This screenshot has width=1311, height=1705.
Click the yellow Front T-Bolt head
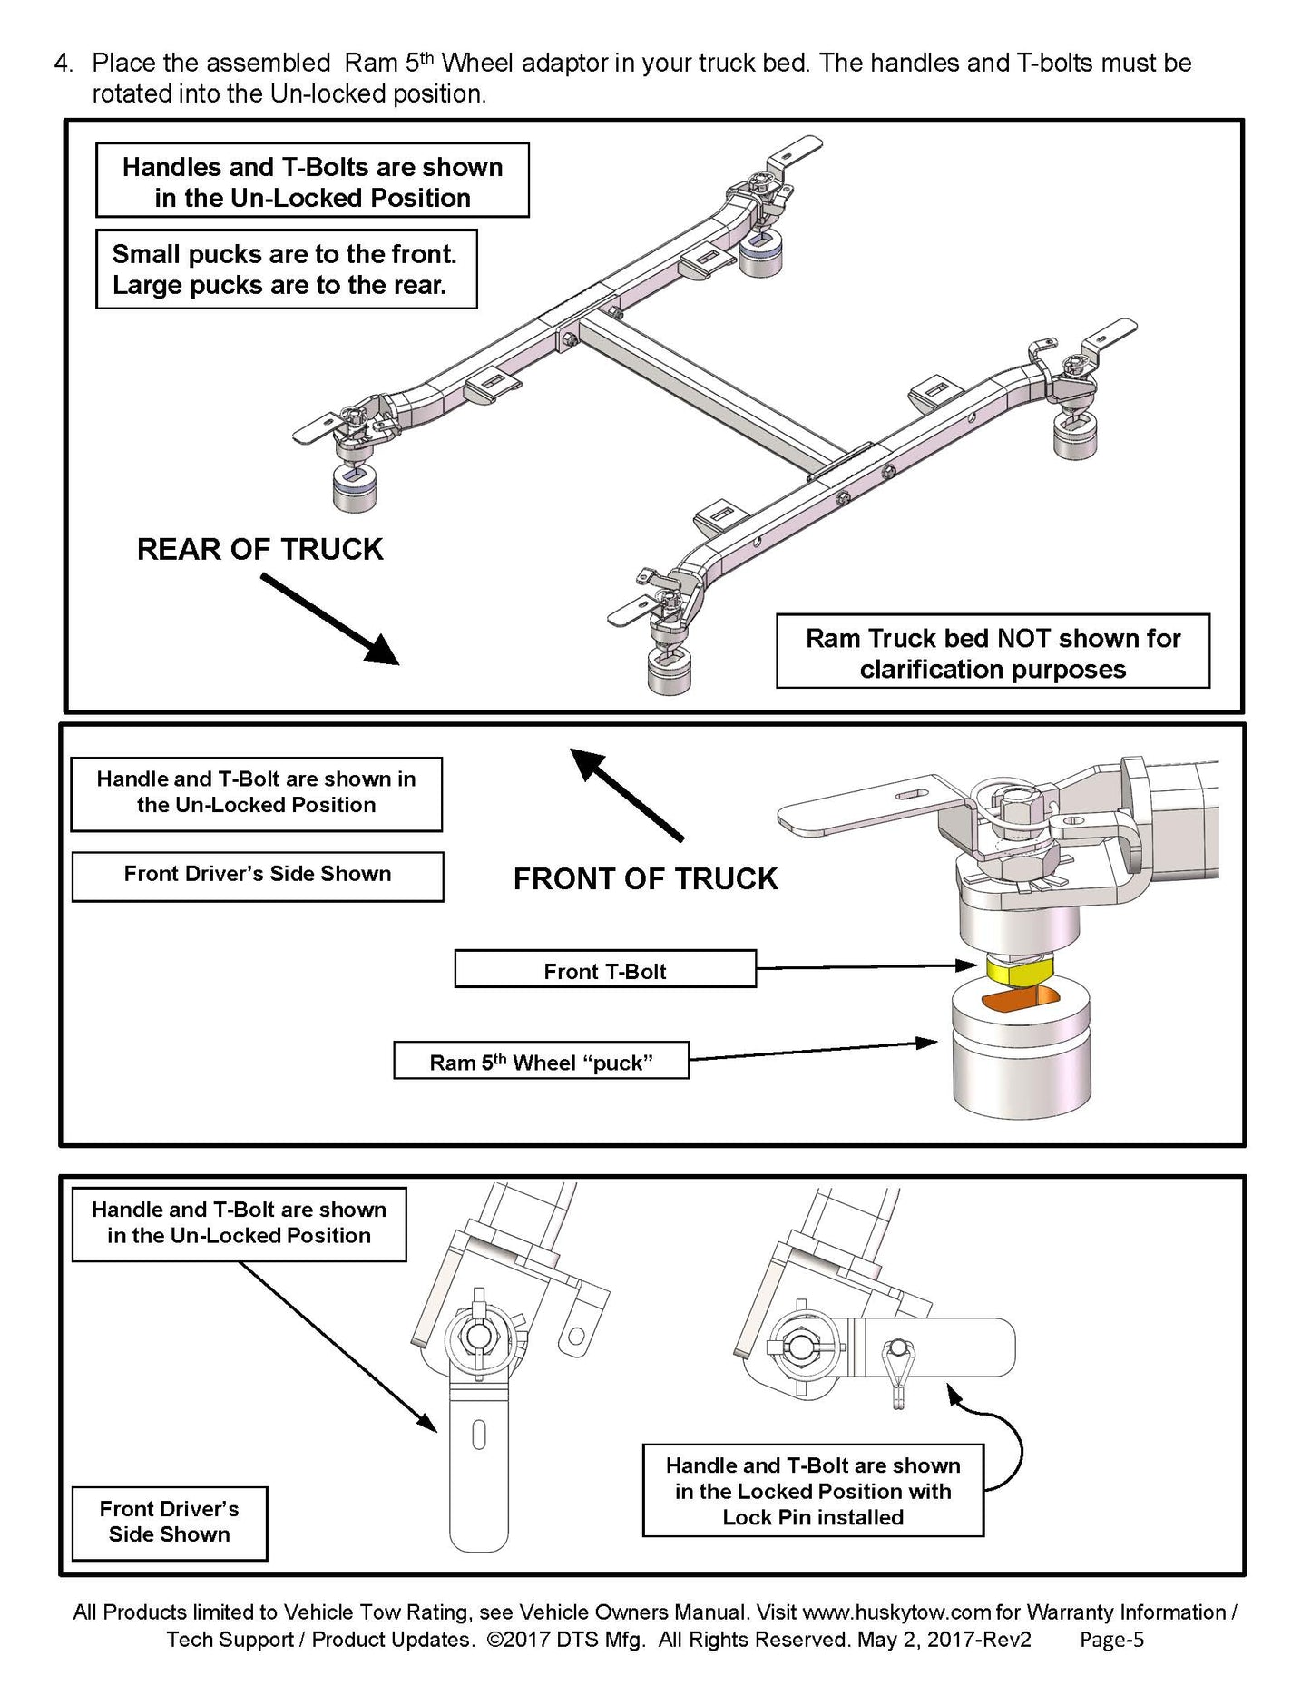(x=1017, y=973)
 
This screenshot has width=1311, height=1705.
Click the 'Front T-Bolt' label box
(x=605, y=969)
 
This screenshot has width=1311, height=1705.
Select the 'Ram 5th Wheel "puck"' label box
(x=541, y=1060)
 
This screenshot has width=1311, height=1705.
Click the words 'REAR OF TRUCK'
(x=260, y=549)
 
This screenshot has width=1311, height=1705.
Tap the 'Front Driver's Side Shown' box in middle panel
(x=258, y=875)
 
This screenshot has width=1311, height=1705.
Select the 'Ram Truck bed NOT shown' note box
(x=993, y=652)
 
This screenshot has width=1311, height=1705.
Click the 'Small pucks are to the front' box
(x=286, y=269)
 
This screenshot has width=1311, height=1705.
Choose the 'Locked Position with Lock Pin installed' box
(x=813, y=1490)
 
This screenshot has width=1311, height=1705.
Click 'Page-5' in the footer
(x=1111, y=1639)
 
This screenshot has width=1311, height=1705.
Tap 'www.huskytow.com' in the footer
(x=896, y=1612)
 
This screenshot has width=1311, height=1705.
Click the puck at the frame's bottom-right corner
(x=670, y=670)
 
